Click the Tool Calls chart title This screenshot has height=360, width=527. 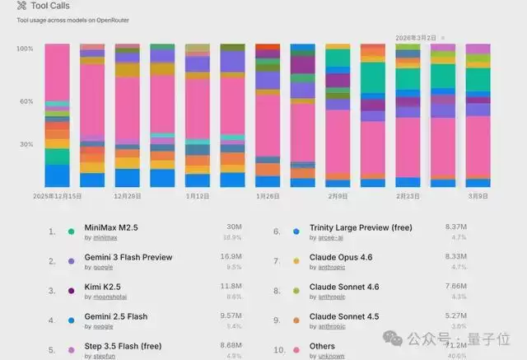[x=50, y=6]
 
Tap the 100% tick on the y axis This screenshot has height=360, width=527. [x=25, y=49]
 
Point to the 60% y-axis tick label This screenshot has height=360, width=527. [x=26, y=101]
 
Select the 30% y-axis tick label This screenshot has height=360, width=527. [x=26, y=144]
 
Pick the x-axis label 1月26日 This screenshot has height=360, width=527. [x=268, y=197]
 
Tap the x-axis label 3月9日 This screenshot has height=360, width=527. [x=478, y=197]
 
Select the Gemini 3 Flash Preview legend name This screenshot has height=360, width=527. [x=128, y=258]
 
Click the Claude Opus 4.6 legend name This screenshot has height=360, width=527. [x=341, y=258]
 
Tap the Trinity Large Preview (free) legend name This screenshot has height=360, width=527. [x=361, y=228]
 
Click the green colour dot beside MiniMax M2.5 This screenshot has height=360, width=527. [x=72, y=231]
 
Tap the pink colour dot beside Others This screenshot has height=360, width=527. [x=296, y=350]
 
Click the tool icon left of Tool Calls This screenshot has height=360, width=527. [x=33, y=6]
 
